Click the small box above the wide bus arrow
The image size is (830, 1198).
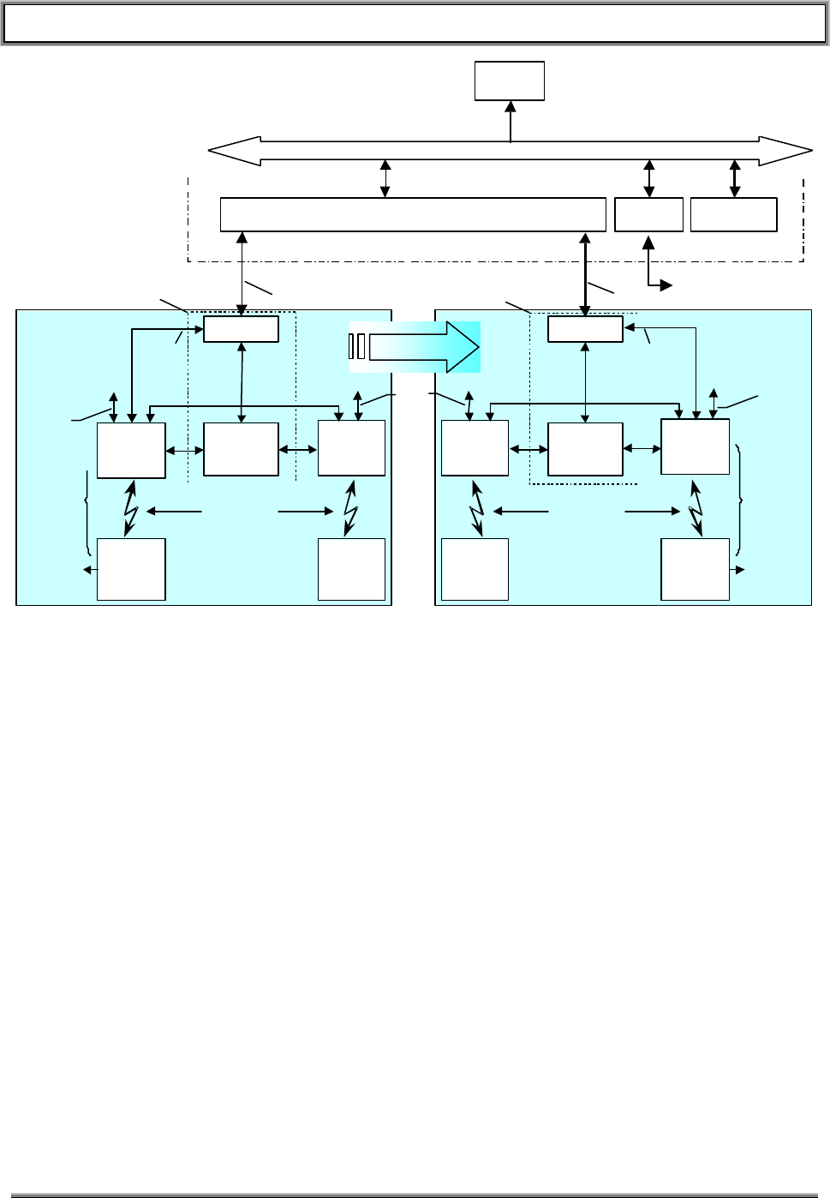coord(510,81)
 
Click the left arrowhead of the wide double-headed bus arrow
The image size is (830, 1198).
coord(224,151)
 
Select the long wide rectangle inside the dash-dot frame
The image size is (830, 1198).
coord(413,214)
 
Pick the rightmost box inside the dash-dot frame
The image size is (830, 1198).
coord(733,214)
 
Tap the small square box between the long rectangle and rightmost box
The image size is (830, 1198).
coord(648,214)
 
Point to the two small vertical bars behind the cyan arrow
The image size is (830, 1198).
coord(357,347)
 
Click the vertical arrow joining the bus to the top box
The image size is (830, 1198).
coord(511,121)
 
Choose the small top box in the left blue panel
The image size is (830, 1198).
coord(241,329)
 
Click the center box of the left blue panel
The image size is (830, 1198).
coord(241,449)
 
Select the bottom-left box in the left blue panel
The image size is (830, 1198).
coord(131,569)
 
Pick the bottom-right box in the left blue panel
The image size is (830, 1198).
coord(351,569)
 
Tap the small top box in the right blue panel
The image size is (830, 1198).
coord(585,329)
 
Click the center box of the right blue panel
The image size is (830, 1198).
coord(585,449)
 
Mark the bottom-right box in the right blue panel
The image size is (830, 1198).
coord(695,569)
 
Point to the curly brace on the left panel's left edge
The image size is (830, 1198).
coord(87,512)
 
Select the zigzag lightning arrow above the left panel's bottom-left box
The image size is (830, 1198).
coord(130,507)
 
